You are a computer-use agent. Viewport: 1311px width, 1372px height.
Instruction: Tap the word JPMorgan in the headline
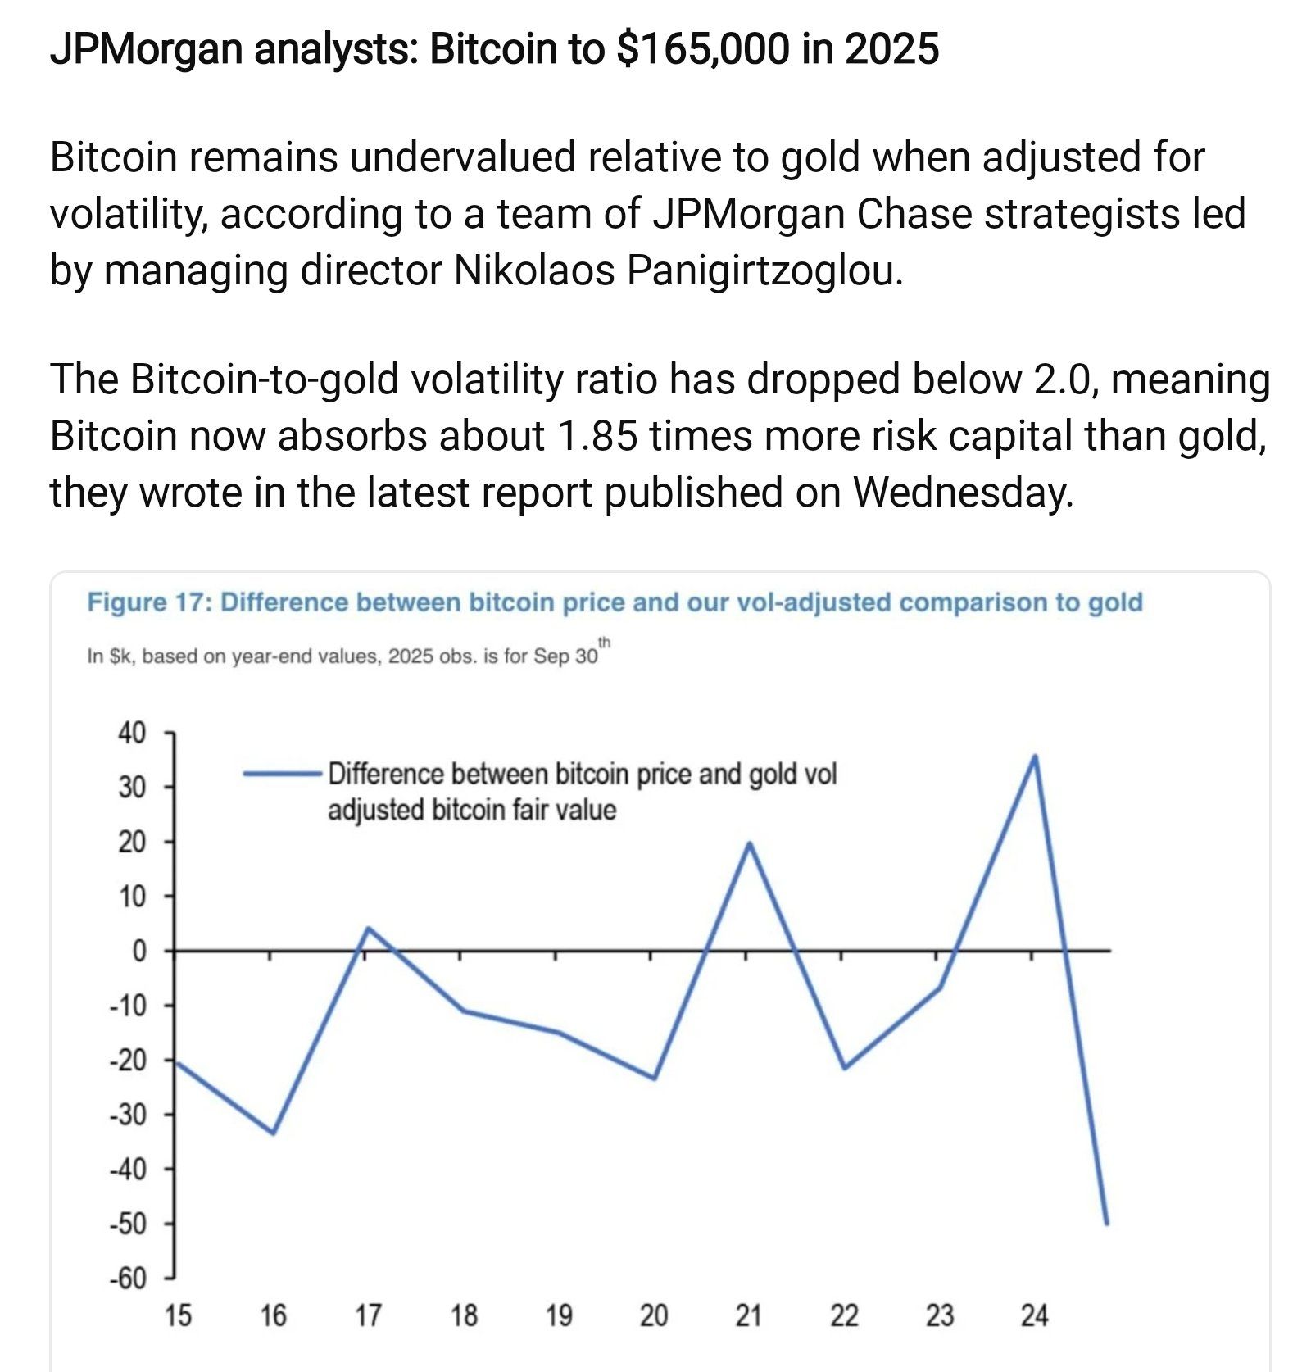coord(146,49)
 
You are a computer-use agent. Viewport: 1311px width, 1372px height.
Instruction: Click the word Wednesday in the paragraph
coord(962,492)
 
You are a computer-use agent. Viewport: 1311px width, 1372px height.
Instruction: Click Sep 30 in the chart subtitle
coord(565,656)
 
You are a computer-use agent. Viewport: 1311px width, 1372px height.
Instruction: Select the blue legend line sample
coord(283,773)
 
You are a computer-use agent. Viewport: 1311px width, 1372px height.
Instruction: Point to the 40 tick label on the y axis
coord(132,732)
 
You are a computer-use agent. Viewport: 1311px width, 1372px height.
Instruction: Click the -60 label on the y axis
coord(129,1279)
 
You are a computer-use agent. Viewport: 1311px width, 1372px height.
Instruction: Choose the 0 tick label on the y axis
coord(139,951)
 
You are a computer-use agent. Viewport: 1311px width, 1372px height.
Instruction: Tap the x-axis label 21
coord(748,1316)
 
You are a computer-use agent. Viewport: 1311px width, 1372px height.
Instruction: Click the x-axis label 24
coord(1034,1316)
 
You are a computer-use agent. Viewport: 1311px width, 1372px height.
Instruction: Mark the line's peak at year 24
coord(1035,756)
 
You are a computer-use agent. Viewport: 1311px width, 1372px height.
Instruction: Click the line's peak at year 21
coord(749,843)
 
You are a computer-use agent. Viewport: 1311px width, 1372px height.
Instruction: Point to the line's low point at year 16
coord(273,1133)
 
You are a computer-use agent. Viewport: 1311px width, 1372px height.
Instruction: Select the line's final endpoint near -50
coord(1106,1223)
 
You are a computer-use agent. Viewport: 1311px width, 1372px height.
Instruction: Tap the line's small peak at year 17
coord(368,929)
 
